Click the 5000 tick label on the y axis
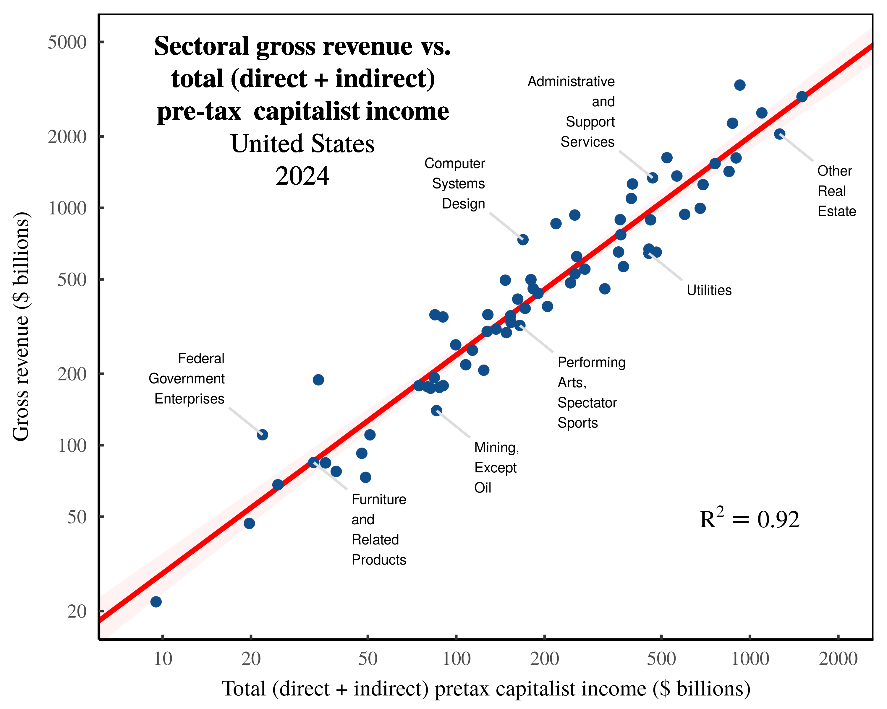67,42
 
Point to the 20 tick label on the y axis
77,611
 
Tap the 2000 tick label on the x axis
838,659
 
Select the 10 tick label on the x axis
163,659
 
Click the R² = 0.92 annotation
749,519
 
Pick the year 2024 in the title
302,176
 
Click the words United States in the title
302,144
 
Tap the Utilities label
709,290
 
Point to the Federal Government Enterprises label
187,378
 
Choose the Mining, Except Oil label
496,467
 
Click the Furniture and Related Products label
378,529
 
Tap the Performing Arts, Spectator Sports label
591,393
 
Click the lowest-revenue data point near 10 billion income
156,602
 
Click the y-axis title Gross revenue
21,327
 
